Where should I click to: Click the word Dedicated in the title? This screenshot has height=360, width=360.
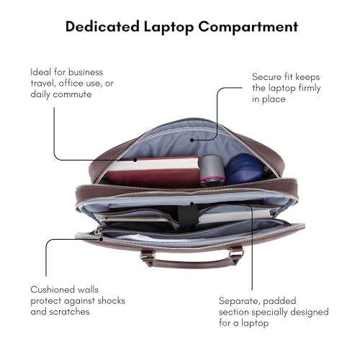click(102, 27)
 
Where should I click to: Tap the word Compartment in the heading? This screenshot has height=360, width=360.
click(248, 27)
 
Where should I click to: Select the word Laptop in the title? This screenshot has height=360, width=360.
click(169, 27)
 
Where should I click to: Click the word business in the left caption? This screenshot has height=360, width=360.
click(86, 72)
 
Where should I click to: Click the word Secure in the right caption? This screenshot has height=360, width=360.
click(266, 77)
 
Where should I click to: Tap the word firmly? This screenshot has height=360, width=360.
click(310, 88)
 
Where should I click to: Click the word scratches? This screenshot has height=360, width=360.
click(69, 312)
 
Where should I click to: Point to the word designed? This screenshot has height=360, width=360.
click(310, 312)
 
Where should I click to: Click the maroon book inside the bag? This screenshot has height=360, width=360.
click(153, 171)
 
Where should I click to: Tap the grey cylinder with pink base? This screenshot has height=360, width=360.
click(212, 171)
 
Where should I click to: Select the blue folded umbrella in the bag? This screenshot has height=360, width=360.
click(245, 169)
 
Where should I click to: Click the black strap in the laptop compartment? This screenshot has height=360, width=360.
click(187, 215)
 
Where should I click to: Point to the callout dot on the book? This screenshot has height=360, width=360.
click(135, 160)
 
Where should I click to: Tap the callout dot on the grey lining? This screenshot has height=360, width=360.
click(192, 140)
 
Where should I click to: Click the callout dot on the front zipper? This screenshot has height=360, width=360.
click(102, 239)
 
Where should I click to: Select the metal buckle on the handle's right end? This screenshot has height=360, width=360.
click(236, 253)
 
